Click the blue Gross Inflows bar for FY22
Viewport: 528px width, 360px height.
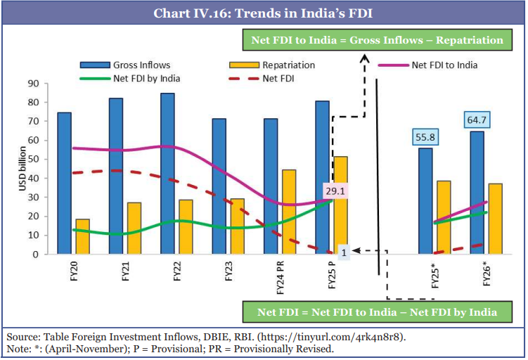tap(168, 173)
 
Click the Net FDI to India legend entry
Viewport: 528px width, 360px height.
tap(444, 65)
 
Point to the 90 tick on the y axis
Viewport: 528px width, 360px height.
tap(32, 83)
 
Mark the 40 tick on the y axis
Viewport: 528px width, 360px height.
tap(32, 178)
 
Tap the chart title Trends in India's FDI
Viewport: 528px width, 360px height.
tap(263, 13)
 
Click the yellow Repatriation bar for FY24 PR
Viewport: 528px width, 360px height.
tap(289, 212)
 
